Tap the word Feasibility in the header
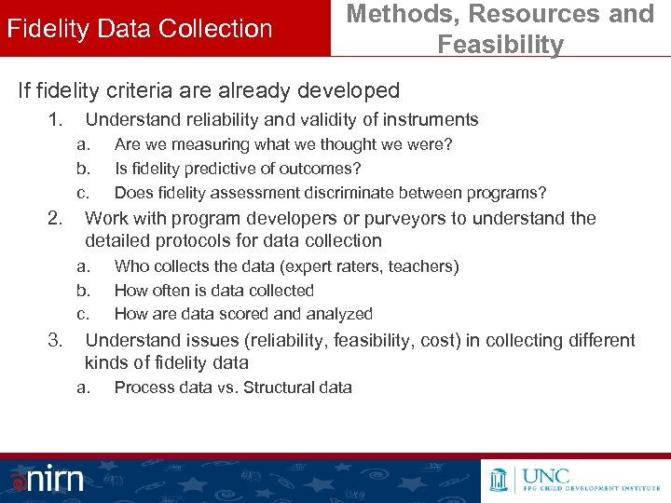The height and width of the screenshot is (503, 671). (x=500, y=45)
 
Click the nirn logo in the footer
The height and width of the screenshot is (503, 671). (x=48, y=479)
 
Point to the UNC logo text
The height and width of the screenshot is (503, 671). (x=549, y=470)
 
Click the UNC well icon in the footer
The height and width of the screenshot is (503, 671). (x=499, y=478)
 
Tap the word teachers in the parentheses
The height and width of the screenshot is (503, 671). (x=424, y=266)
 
